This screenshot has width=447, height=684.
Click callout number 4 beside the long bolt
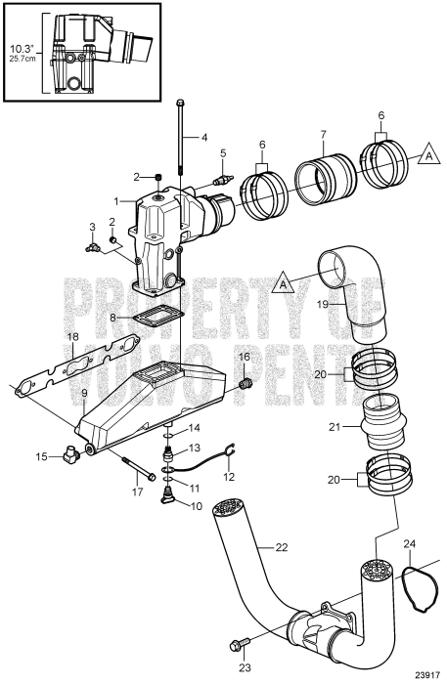[204, 137]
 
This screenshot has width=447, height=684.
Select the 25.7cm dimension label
[22, 59]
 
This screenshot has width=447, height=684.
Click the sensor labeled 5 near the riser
[223, 182]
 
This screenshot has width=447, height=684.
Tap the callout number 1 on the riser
[115, 200]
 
